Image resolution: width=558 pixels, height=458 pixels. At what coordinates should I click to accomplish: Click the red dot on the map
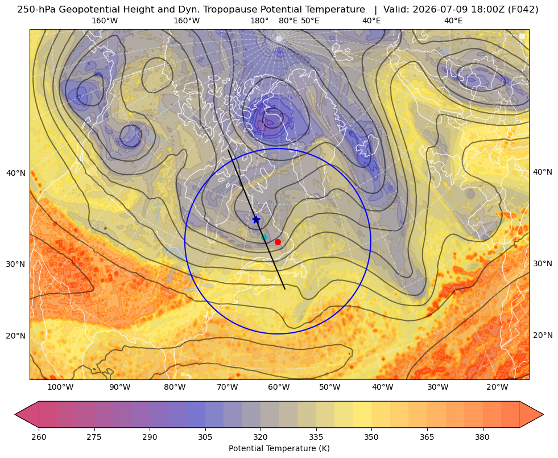(278, 242)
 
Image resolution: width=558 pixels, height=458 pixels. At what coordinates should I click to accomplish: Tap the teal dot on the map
(264, 238)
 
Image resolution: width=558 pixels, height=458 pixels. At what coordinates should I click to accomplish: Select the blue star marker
(256, 220)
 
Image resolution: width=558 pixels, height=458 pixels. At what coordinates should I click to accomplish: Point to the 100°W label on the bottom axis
(60, 387)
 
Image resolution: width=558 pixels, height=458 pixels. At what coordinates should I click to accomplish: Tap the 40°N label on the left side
(16, 173)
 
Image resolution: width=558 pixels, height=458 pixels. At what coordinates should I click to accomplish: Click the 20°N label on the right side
(543, 335)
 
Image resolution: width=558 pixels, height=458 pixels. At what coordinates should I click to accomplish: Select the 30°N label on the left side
(16, 264)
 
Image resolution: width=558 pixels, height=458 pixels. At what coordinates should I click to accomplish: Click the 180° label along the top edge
(259, 20)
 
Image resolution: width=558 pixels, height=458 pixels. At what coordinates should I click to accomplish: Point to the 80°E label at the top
(288, 20)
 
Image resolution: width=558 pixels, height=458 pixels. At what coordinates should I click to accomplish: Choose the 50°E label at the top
(310, 20)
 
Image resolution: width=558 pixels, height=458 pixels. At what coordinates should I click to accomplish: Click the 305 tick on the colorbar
(205, 437)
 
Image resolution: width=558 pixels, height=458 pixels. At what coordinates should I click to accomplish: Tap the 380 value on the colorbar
(482, 437)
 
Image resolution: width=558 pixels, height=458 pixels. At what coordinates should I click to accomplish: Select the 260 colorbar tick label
(39, 437)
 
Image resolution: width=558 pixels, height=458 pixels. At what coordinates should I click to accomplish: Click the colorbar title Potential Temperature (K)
(279, 448)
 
